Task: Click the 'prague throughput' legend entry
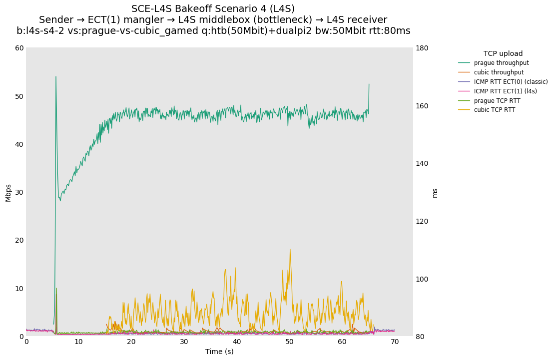(x=501, y=63)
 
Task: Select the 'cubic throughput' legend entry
(x=499, y=72)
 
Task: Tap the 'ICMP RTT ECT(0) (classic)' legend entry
(x=511, y=82)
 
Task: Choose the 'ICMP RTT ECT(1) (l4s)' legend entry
(x=506, y=91)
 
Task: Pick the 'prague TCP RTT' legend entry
(x=497, y=101)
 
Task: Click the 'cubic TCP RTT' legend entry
(x=495, y=110)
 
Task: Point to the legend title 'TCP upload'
(x=503, y=53)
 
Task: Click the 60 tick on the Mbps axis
(x=19, y=48)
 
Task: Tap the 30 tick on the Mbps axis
(x=19, y=192)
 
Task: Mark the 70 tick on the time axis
(x=395, y=342)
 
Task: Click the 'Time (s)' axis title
(x=219, y=352)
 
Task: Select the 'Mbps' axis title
(x=8, y=192)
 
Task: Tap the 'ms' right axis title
(x=435, y=192)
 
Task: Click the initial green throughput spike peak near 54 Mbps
(x=55, y=76)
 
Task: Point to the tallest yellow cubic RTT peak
(x=290, y=249)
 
